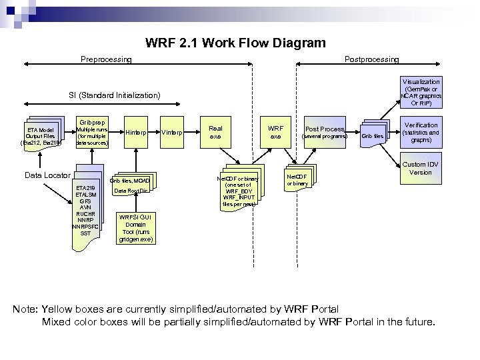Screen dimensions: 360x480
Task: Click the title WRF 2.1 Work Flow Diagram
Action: coord(235,43)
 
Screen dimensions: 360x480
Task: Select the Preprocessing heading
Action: coord(106,59)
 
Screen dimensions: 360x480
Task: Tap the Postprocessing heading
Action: coord(371,59)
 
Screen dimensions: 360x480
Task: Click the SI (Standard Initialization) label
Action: coord(115,95)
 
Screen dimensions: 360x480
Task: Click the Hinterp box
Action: coord(136,132)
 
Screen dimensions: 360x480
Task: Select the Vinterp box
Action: coord(173,132)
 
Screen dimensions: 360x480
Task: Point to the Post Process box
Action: coord(325,132)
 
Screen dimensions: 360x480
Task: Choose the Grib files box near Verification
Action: coord(373,136)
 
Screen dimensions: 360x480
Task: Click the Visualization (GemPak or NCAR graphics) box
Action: coord(421,93)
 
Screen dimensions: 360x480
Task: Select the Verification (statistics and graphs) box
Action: coord(421,133)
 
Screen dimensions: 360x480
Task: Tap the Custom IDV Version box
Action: coord(420,168)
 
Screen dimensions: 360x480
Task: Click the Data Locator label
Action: coord(47,175)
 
